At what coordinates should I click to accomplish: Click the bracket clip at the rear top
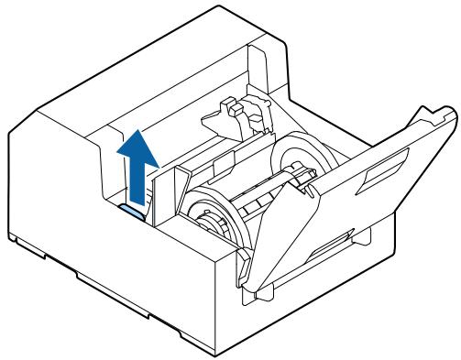tap(233, 115)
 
